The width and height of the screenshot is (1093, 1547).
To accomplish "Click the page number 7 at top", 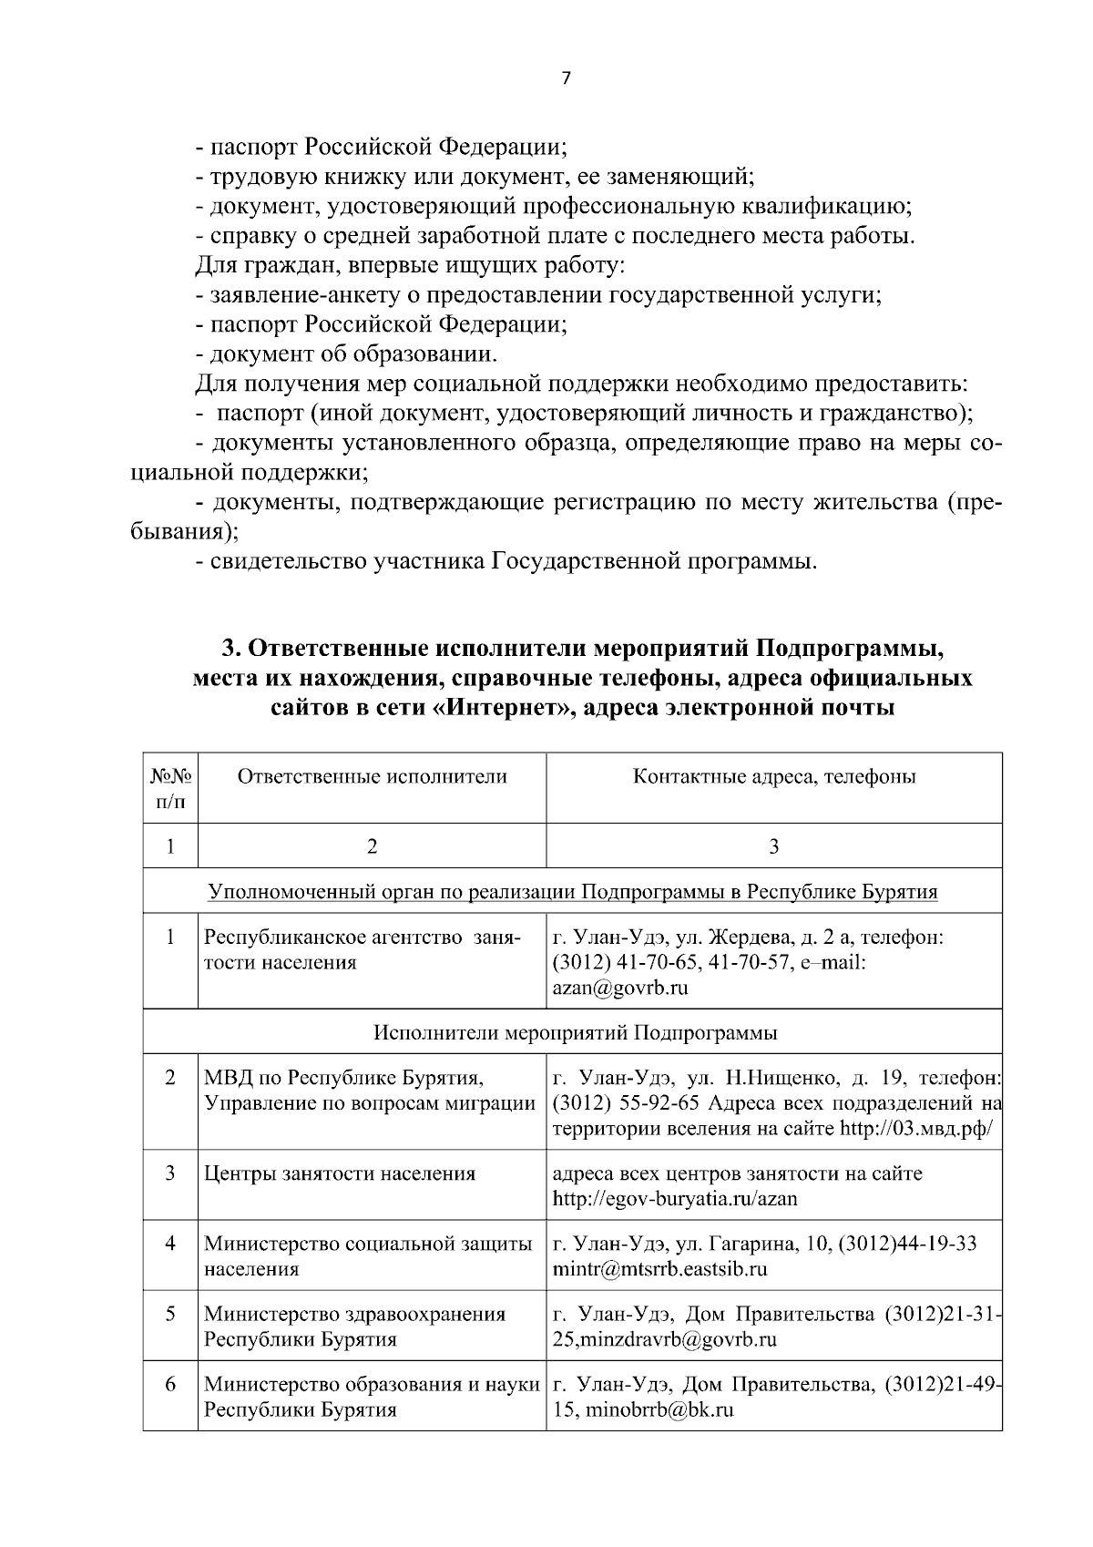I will (x=565, y=78).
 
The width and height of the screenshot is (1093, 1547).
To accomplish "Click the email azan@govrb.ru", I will (x=619, y=988).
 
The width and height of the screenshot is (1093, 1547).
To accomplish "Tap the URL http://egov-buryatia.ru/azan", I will (x=675, y=1198).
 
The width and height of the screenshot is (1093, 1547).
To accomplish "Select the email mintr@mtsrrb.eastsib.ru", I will (x=659, y=1268).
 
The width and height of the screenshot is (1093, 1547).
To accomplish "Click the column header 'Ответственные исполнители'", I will (x=372, y=776).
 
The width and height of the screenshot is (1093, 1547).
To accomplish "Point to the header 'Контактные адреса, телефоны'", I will (x=773, y=776).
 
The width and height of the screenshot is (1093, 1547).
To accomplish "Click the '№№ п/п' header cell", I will (x=170, y=788).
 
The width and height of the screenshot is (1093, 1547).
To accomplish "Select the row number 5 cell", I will (x=170, y=1314).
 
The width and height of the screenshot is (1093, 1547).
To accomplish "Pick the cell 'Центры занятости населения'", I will (x=339, y=1173).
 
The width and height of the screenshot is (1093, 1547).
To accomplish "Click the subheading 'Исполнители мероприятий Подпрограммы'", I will (x=576, y=1033).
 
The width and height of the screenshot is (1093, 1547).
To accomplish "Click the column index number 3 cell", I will (x=773, y=846).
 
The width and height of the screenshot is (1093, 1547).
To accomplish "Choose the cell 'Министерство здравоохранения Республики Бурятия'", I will (x=355, y=1327).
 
